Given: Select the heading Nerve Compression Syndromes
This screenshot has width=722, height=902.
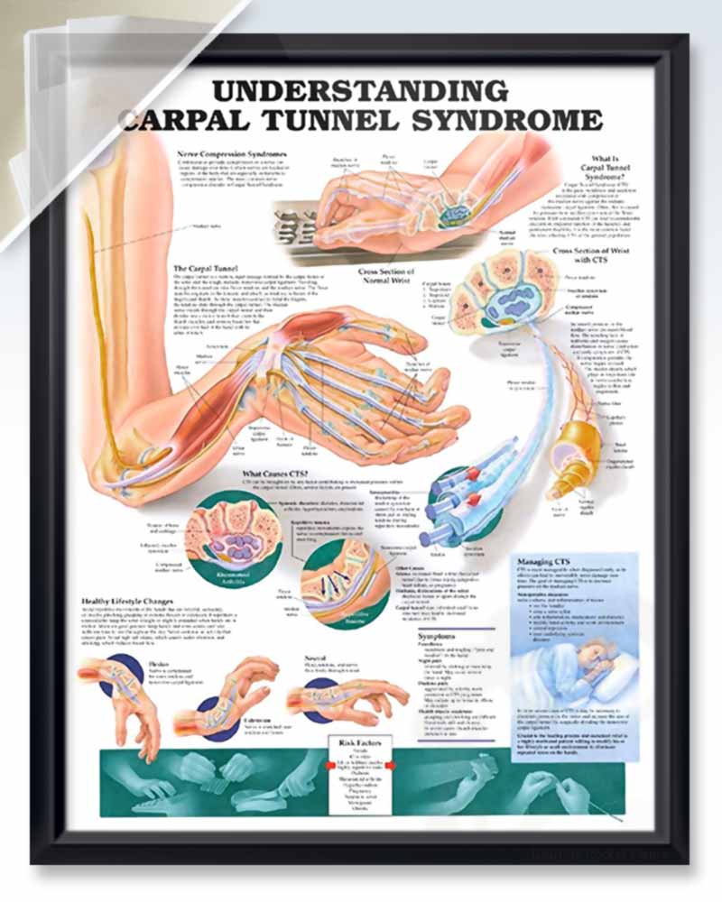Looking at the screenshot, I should tap(233, 153).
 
